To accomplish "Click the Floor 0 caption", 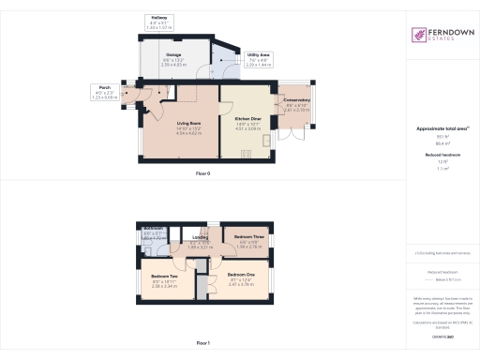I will pyautogui.click(x=203, y=175).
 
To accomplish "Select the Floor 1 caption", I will pyautogui.click(x=203, y=345).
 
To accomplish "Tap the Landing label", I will pyautogui.click(x=201, y=238).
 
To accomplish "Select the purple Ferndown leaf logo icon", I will pyautogui.click(x=418, y=35).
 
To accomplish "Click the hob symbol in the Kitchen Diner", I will pyautogui.click(x=265, y=140).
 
